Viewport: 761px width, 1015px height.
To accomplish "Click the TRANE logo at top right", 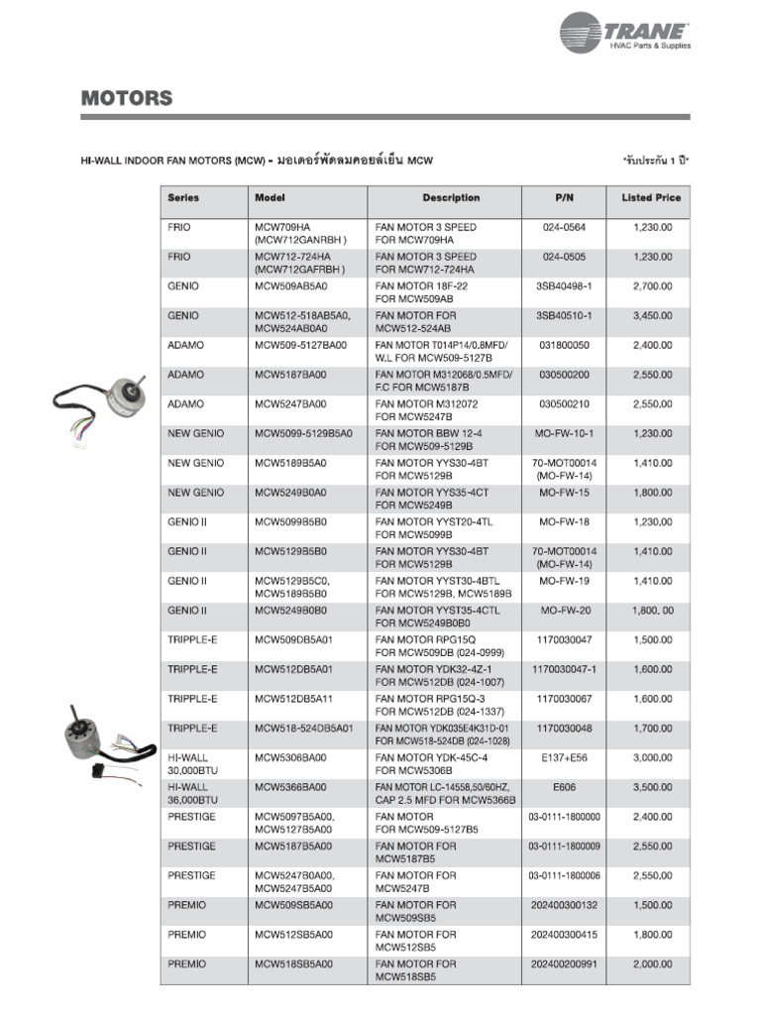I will (x=625, y=34).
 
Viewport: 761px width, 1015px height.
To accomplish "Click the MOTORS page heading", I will (x=126, y=98).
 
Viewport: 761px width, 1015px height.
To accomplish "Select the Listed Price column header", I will (x=651, y=197).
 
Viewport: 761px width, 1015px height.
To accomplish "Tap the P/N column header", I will (x=564, y=197).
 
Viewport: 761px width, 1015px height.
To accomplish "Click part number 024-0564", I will (x=564, y=227).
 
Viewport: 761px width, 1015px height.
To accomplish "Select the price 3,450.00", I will (x=652, y=315).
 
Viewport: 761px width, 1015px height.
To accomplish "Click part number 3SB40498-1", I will (x=564, y=286).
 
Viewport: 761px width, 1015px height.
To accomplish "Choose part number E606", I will (x=564, y=786).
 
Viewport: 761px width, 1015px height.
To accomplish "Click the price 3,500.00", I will (x=652, y=786).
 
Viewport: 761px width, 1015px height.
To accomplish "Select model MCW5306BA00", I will (x=290, y=757).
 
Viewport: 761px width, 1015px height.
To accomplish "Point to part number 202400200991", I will (x=564, y=963).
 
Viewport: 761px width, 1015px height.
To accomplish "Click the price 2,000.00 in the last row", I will (x=652, y=963).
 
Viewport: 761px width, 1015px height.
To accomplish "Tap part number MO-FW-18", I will (x=564, y=521).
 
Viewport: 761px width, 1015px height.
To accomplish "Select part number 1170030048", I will (x=564, y=728).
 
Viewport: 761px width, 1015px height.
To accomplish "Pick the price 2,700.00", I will (x=652, y=286).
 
